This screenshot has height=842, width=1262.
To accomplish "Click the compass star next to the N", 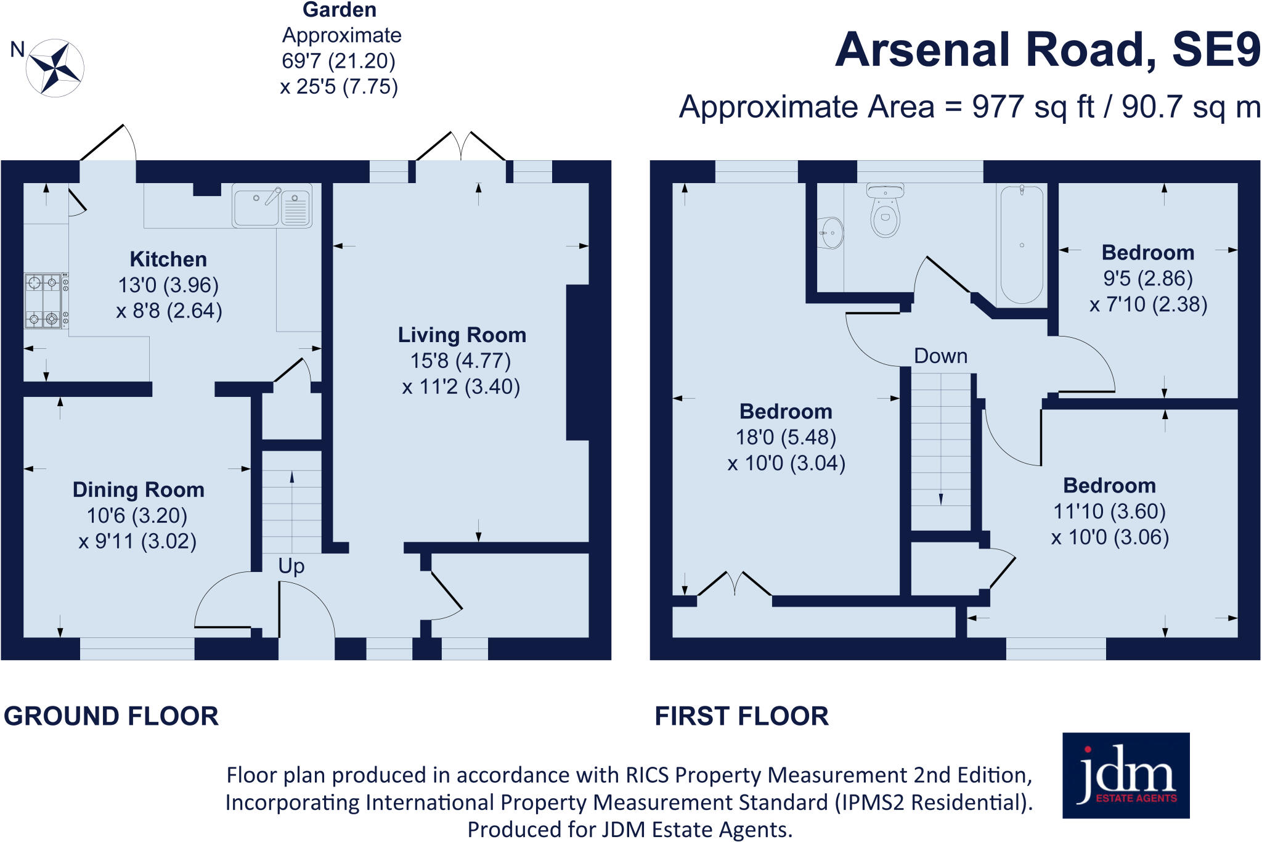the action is coord(55,68).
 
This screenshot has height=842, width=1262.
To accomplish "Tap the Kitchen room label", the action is coord(168,260).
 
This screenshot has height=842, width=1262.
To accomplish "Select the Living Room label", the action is coord(462,335).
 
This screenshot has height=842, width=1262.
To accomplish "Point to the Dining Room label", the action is coord(138,490).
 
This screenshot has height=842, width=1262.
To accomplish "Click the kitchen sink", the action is coord(272,206).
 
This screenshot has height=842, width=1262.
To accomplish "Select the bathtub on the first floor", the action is coord(1022,245).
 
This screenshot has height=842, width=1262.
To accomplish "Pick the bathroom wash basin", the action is coord(831,233).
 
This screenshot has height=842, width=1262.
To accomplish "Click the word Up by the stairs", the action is coord(291,566).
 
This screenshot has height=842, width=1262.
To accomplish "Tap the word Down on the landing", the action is coord(940,356).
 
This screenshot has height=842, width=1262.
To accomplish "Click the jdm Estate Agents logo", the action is coord(1126,775).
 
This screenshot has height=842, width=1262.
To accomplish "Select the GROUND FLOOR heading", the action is coord(112,716).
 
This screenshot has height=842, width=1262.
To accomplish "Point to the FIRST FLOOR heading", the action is coord(741,716).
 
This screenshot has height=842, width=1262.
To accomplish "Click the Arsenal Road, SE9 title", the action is coord(1047,50).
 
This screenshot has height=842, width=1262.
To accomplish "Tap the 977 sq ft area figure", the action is coord(1033,107).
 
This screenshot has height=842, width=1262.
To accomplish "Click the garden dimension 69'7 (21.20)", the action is coord(338,61).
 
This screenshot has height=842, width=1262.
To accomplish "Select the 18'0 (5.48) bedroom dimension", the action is coord(786,438).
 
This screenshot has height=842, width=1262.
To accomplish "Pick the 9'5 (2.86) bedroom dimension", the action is coord(1148,279).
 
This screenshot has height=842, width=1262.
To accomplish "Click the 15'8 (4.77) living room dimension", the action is coord(461,361).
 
